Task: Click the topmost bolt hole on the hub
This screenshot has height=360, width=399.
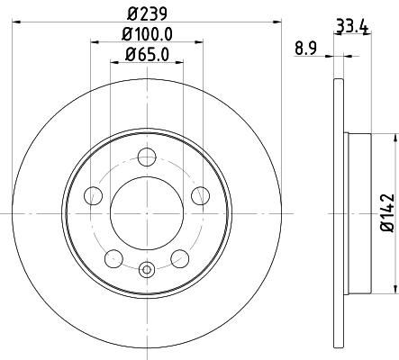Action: [147, 157]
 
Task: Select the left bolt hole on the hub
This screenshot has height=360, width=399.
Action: [92, 194]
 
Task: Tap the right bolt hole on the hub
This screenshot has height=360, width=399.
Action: [202, 194]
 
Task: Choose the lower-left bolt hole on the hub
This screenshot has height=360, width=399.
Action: [113, 258]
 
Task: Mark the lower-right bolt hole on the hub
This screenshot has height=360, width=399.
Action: [180, 258]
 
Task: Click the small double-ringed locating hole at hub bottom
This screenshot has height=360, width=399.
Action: [147, 267]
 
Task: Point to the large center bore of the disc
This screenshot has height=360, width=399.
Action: [147, 212]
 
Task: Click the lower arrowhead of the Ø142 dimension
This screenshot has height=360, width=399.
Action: [394, 290]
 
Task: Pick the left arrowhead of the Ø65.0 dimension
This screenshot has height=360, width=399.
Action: [113, 63]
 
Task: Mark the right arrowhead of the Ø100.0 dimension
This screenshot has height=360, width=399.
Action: [199, 42]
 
